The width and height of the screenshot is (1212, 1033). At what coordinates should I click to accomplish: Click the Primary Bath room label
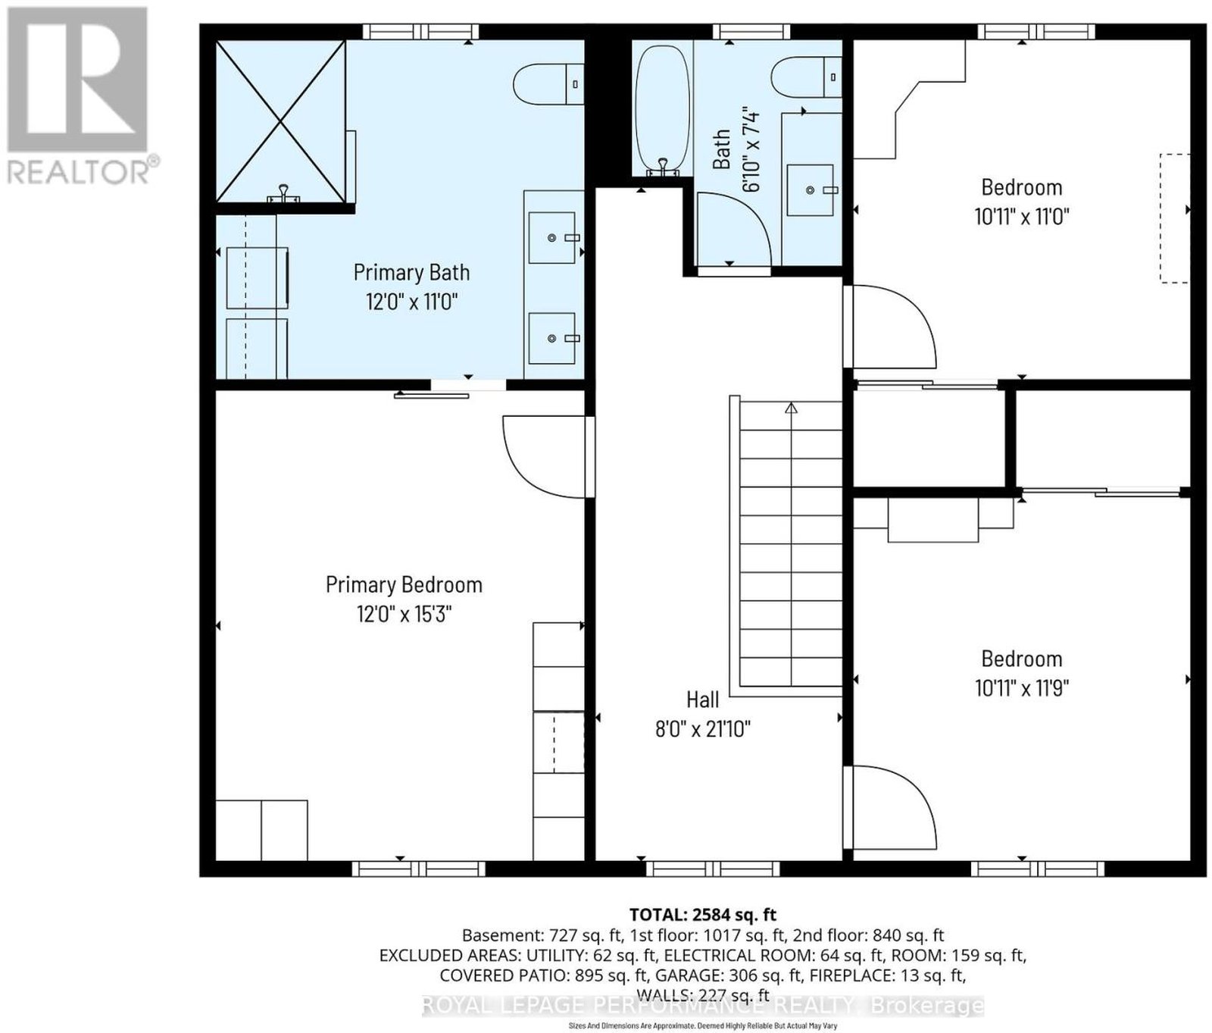coord(411,272)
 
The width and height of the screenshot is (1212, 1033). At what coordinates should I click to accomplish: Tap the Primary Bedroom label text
coord(404,584)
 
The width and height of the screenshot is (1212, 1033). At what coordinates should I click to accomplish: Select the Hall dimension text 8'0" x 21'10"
coord(703,729)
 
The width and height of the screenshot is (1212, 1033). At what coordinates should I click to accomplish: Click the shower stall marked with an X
coord(281,121)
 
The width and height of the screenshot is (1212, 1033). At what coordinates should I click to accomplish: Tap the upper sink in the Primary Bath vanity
coord(552,238)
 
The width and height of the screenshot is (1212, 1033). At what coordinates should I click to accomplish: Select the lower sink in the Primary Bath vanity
coord(552,338)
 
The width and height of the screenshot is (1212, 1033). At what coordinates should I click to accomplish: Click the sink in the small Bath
coord(811,190)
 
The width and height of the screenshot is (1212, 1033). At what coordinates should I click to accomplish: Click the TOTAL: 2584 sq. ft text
coord(703,915)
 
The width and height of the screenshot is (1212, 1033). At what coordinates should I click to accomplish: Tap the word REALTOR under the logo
coord(79,172)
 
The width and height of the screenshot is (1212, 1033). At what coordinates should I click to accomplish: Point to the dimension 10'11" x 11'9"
coord(1022,688)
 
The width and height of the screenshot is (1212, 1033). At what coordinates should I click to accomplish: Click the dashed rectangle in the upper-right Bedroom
coord(1176,218)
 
